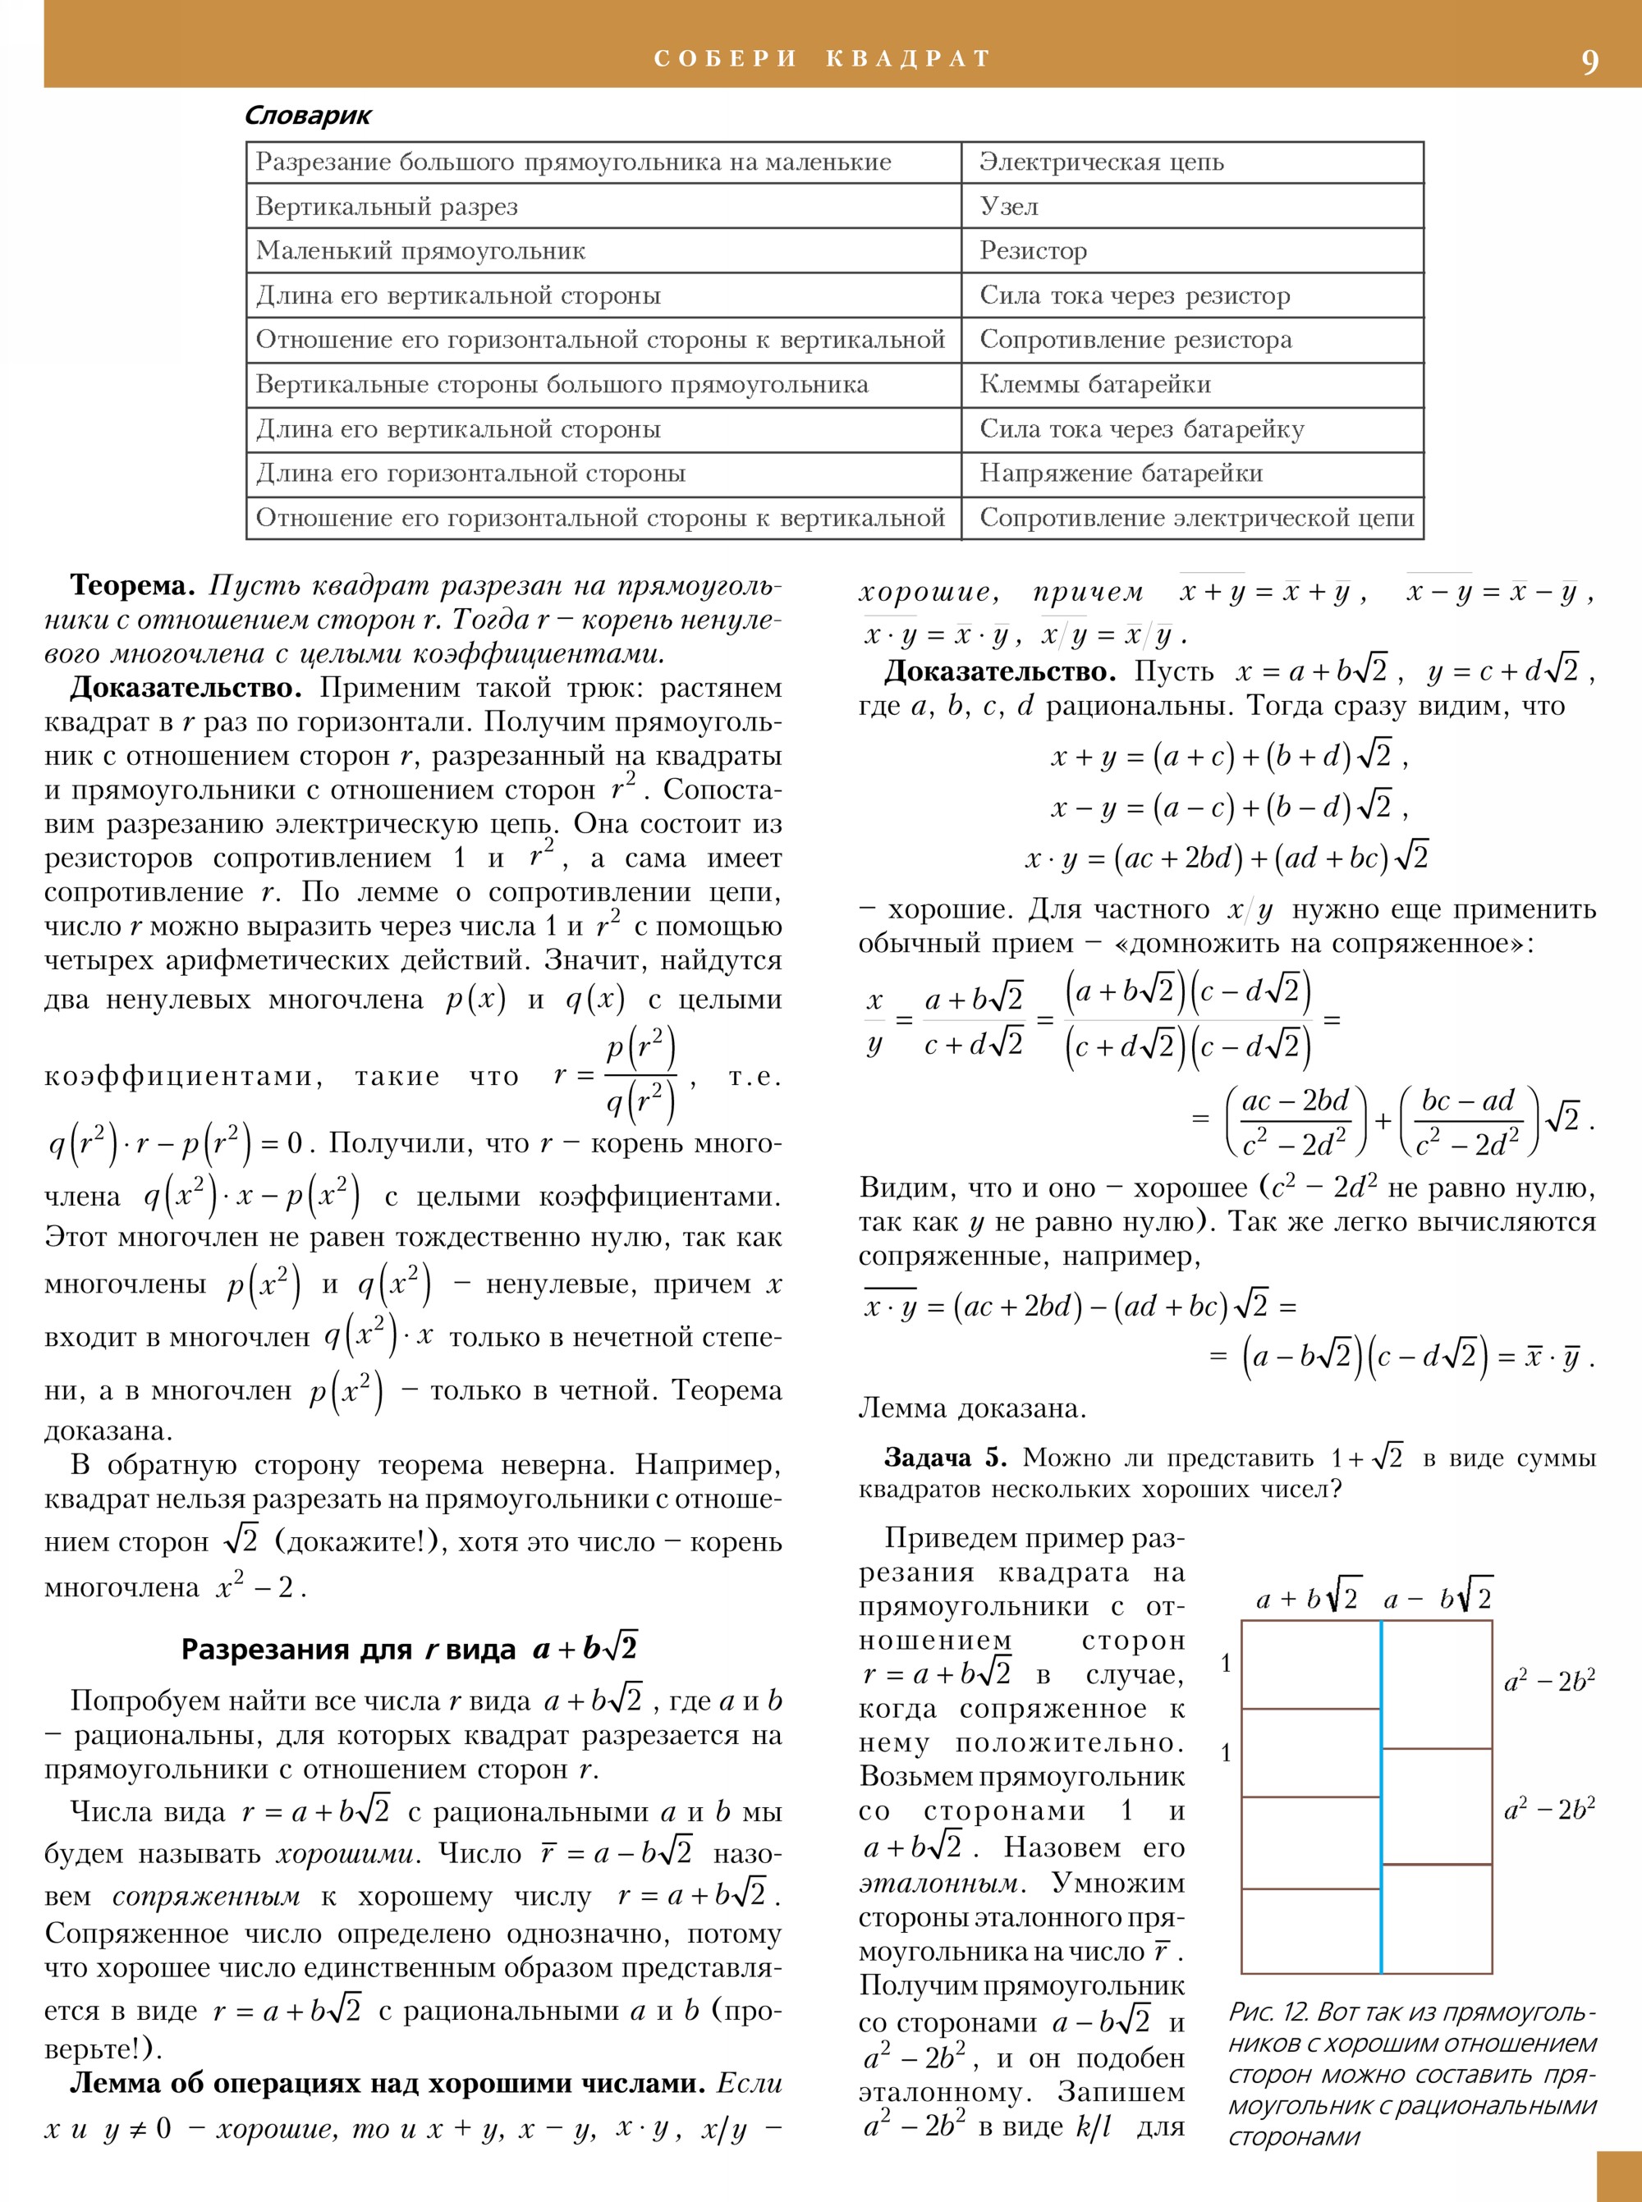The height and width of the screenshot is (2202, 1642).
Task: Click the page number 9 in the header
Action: tap(1589, 62)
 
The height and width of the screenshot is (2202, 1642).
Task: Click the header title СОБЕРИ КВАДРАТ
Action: tap(822, 58)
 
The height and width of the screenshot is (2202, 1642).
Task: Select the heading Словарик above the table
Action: tap(307, 117)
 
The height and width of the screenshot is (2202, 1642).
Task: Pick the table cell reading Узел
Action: tap(1009, 207)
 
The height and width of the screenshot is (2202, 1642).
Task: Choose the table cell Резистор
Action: tap(1033, 251)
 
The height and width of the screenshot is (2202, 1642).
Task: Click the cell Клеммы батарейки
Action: tap(1094, 385)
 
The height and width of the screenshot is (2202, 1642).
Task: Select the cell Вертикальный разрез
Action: tap(387, 207)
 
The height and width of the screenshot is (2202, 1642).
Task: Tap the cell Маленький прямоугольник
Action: tap(420, 251)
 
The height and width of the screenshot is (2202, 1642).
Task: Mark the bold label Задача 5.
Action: tap(944, 1458)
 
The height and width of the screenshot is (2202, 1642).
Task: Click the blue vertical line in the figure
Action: tap(1381, 1798)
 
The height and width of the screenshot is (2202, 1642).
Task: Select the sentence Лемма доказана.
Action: tap(972, 1408)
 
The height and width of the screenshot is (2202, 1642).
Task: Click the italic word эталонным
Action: tap(938, 1883)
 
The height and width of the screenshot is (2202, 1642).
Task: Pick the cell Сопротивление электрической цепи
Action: tap(1195, 518)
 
